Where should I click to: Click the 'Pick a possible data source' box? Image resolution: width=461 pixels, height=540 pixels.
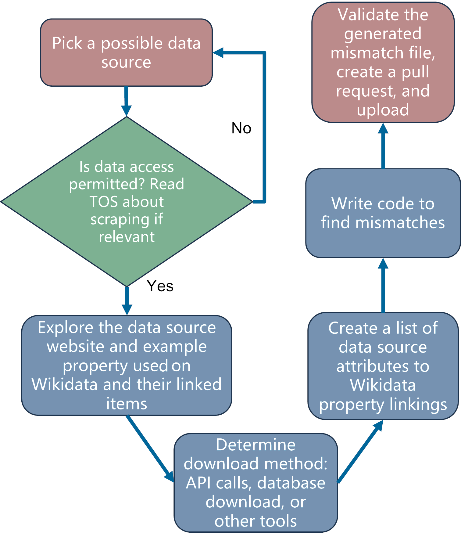click(126, 52)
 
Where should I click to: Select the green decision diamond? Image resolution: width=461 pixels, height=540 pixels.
click(127, 202)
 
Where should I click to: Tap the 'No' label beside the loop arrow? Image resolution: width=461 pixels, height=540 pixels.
click(241, 128)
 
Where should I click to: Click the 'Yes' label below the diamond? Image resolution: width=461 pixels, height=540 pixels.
click(160, 286)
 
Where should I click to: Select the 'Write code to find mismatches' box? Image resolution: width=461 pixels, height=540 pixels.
click(383, 213)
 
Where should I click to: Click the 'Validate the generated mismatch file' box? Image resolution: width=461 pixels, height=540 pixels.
click(383, 62)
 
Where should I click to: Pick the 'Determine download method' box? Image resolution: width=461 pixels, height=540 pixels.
click(256, 483)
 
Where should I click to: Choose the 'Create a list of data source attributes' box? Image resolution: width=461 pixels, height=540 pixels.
click(383, 366)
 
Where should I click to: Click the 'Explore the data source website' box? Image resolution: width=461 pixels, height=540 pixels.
click(127, 365)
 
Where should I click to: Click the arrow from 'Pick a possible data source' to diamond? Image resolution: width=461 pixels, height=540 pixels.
click(126, 101)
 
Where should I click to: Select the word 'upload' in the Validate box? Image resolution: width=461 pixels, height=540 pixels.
click(383, 110)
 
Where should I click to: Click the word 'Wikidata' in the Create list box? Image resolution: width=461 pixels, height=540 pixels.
click(383, 385)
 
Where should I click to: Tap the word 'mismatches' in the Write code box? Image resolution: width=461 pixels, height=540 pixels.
click(400, 223)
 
